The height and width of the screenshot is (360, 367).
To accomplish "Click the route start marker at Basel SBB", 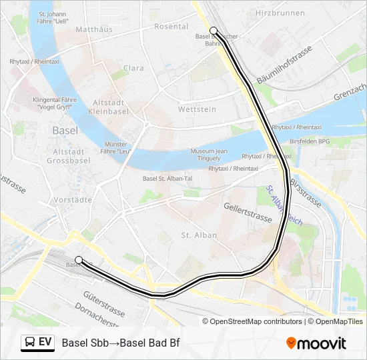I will click(x=79, y=259).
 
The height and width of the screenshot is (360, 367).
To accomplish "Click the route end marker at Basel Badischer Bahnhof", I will click(x=213, y=30).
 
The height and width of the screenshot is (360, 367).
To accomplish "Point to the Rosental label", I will click(x=171, y=26).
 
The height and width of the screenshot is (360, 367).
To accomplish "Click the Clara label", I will click(x=133, y=68).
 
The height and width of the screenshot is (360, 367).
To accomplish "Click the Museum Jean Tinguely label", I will click(x=208, y=155).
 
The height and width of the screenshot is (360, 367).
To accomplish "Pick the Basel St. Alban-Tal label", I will click(x=169, y=178).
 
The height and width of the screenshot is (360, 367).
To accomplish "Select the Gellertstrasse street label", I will click(x=248, y=213).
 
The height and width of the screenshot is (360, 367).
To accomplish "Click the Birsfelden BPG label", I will click(x=310, y=141).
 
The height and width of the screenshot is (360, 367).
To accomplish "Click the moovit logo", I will click(x=316, y=343).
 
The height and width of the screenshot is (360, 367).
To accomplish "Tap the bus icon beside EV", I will click(x=29, y=342).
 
